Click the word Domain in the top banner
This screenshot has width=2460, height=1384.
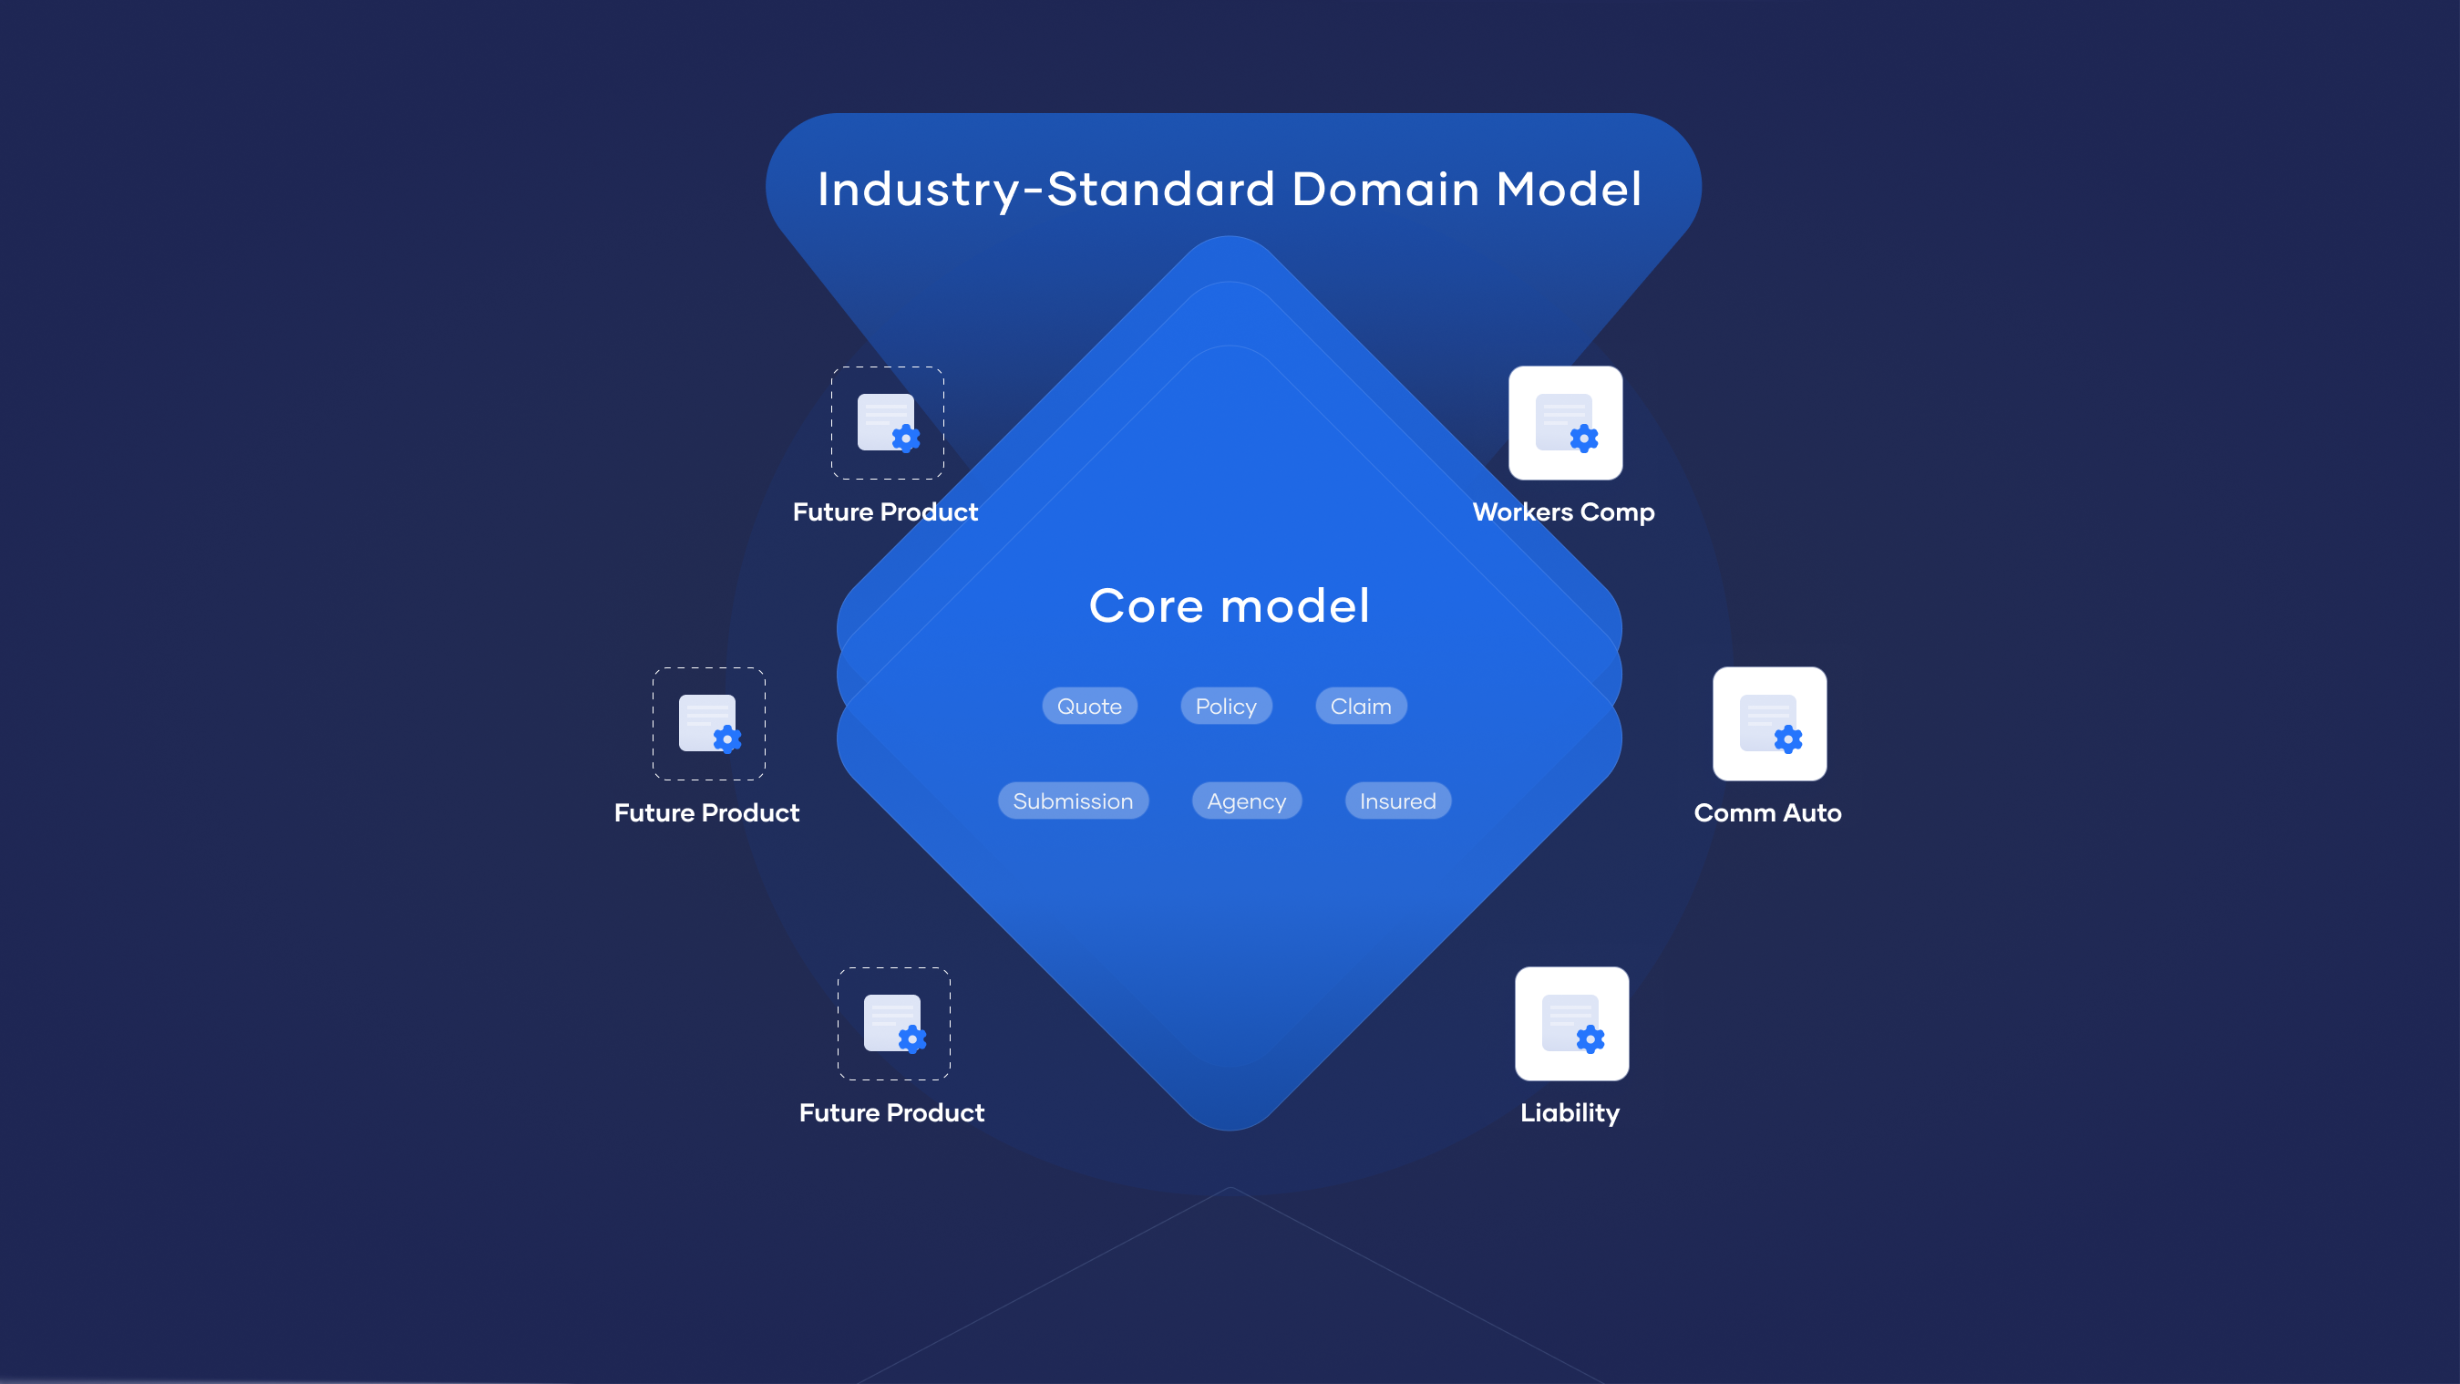tap(1385, 189)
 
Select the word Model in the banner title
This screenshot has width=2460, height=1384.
tap(1568, 189)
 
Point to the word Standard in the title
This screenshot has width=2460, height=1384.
tap(1161, 189)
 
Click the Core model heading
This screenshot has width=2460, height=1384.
tap(1229, 605)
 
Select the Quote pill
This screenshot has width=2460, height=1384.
tap(1089, 706)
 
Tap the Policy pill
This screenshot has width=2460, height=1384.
tap(1226, 706)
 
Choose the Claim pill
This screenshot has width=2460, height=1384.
tap(1361, 706)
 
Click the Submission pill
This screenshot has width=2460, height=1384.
tap(1074, 800)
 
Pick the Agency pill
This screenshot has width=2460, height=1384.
tap(1246, 800)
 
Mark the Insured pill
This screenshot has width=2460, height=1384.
tap(1398, 800)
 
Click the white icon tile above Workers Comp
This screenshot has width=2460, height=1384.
tap(1565, 422)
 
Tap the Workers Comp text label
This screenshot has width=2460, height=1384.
tap(1563, 512)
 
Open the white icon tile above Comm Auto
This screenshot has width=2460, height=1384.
tap(1769, 723)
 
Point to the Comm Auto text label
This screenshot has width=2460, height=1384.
tap(1767, 813)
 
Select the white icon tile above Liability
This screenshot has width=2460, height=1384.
tap(1572, 1023)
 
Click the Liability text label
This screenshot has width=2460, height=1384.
tap(1570, 1112)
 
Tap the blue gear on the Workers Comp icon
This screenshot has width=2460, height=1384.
tap(1584, 439)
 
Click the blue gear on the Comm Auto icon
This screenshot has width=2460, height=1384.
tap(1787, 739)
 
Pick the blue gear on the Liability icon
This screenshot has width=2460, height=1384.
tap(1590, 1039)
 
